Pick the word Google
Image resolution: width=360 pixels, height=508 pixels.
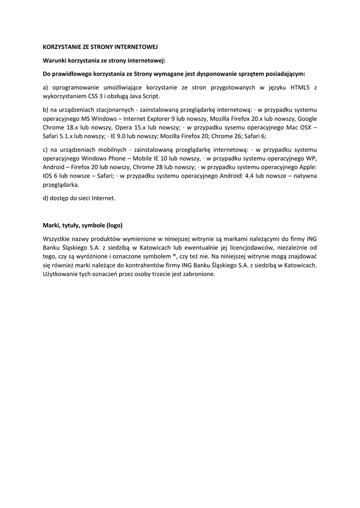click(307, 119)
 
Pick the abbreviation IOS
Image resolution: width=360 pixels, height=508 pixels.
click(48, 176)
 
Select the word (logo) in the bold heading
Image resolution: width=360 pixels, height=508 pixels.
click(111, 225)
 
